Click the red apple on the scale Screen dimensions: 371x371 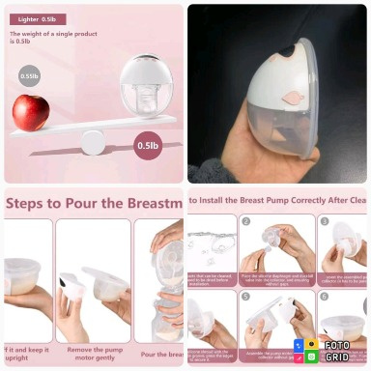[30, 113]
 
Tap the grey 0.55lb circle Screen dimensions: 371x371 [30, 75]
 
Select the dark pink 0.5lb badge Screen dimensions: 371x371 [148, 146]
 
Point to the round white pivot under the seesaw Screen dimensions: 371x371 [92, 142]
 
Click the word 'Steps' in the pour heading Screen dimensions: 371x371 [29, 203]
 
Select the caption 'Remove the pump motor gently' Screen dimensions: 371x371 [93, 353]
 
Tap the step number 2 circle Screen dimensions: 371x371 [246, 222]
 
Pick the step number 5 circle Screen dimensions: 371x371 [246, 297]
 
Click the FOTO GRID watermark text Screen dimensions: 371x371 [337, 351]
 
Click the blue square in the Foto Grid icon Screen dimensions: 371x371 [300, 345]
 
